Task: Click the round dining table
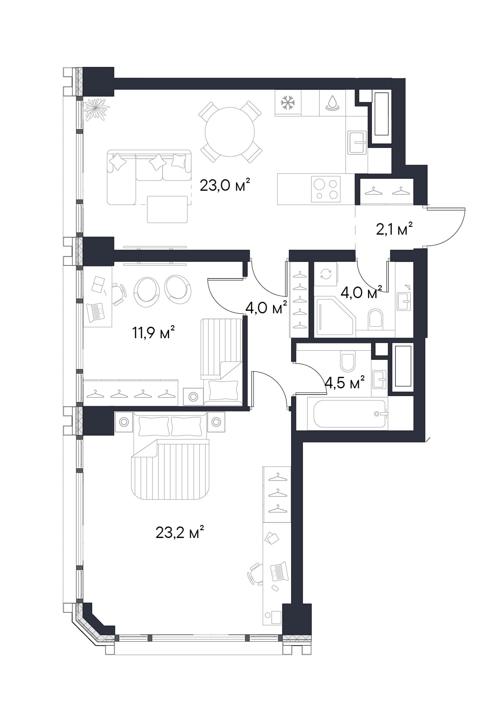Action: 230,132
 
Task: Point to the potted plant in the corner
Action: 97,109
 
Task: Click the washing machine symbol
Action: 326,274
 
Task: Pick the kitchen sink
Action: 357,143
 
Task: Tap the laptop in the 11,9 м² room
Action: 96,312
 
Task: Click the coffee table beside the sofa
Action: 167,209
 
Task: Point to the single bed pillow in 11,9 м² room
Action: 223,390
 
